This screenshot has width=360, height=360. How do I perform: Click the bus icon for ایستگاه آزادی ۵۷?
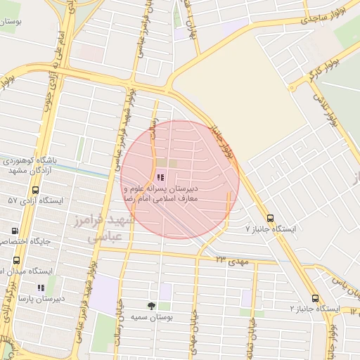pos(35,190)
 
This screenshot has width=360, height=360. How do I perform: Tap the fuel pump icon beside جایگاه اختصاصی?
pos(15,231)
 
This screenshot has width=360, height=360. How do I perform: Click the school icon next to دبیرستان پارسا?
pos(40,288)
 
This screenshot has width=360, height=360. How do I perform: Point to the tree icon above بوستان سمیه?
pos(150,306)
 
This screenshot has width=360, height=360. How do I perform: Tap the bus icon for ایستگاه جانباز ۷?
pos(271,217)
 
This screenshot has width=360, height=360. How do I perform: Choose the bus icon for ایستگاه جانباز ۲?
pos(315,297)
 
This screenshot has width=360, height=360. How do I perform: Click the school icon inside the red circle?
pos(161,178)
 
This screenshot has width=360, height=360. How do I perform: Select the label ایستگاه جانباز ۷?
pos(271,230)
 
